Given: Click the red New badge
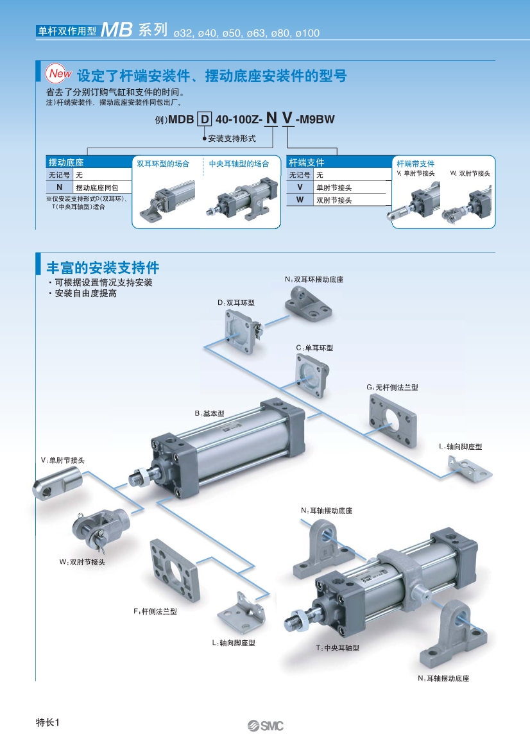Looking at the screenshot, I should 59,74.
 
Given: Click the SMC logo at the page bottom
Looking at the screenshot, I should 265,726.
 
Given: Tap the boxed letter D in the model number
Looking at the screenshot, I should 204,119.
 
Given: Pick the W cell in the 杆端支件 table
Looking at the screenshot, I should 299,200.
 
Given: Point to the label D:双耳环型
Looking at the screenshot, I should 235,302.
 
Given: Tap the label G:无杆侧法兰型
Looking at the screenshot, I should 392,388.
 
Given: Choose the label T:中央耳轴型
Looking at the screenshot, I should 338,648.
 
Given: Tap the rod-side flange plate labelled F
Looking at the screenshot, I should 171,568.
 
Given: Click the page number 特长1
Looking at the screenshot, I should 47,723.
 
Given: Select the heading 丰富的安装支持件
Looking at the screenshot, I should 103,267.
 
